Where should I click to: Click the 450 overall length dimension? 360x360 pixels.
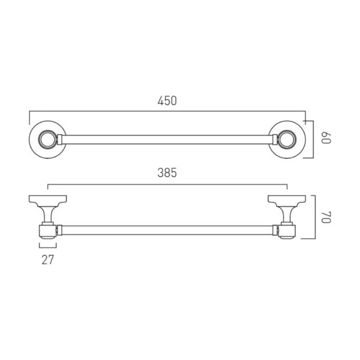point(167,101)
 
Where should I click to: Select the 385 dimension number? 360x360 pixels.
point(167,173)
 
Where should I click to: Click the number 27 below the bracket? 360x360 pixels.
point(48,260)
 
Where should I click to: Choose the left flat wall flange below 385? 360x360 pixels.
point(47,199)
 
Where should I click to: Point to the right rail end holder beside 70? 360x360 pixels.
point(287,230)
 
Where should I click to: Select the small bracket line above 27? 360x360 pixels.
point(48,246)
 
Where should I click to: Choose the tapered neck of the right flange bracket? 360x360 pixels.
point(287,213)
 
